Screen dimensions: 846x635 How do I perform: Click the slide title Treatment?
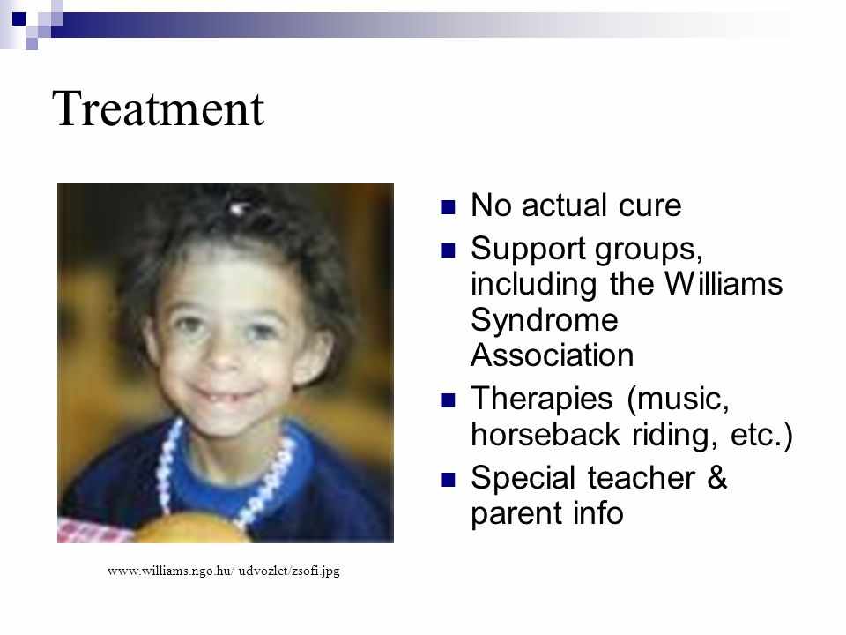click(x=158, y=108)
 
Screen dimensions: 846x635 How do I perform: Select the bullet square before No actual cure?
click(x=448, y=207)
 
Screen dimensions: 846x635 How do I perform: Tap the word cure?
click(x=649, y=205)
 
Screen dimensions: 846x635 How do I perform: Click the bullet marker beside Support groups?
click(x=448, y=250)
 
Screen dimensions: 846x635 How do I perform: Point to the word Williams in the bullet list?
click(x=723, y=283)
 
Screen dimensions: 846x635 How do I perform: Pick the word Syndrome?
click(x=545, y=321)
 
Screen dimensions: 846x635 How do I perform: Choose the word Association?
click(x=552, y=355)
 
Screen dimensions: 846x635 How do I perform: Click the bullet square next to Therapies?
click(x=448, y=400)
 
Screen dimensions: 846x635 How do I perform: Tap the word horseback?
click(x=545, y=434)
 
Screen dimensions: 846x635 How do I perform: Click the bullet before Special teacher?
click(x=448, y=480)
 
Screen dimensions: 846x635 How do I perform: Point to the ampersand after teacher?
click(x=717, y=478)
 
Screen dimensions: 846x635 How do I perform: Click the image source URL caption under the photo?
click(x=223, y=571)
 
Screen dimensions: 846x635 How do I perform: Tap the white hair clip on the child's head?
click(x=239, y=208)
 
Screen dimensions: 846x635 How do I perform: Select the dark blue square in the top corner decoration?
click(x=19, y=19)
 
